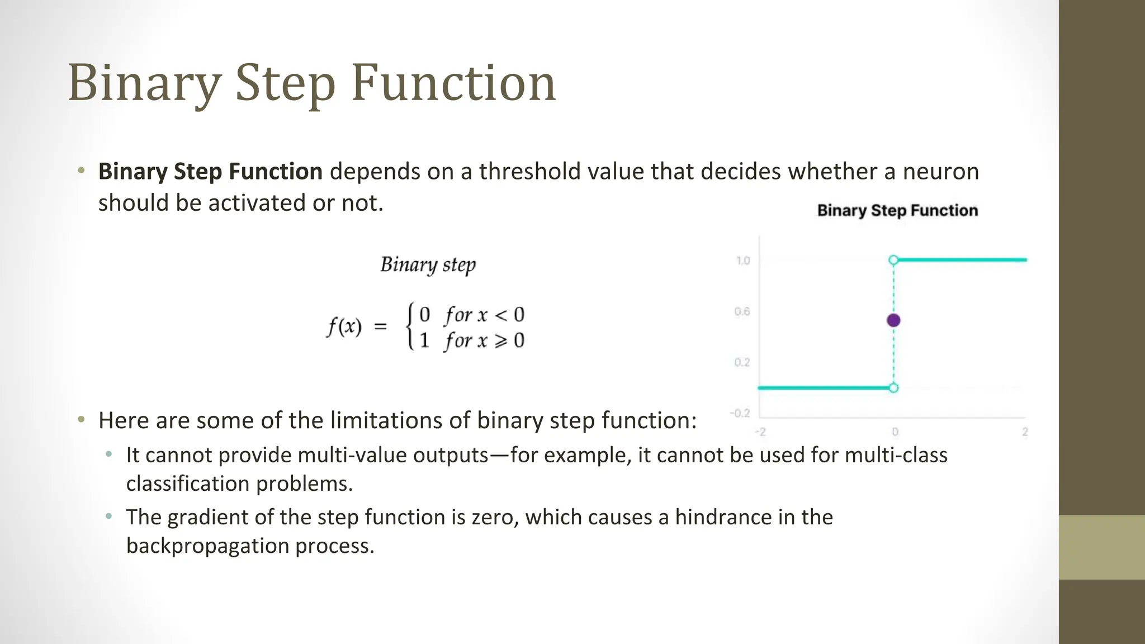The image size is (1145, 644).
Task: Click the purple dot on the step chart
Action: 893,320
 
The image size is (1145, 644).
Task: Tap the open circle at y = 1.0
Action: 893,260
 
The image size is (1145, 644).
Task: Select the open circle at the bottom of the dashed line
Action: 893,388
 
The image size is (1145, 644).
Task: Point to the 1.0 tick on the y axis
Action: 743,261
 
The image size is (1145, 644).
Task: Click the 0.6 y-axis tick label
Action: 742,311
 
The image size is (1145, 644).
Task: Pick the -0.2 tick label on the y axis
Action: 740,413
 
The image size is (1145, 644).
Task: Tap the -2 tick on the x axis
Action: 760,432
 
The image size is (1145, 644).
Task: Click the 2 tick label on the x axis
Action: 1025,432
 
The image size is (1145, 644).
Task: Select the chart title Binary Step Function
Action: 897,211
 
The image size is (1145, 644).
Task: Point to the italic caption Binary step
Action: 428,264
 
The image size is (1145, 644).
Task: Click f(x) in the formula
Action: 344,326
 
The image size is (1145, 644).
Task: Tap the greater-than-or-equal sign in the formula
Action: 501,340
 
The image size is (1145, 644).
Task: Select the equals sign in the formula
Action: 380,326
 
